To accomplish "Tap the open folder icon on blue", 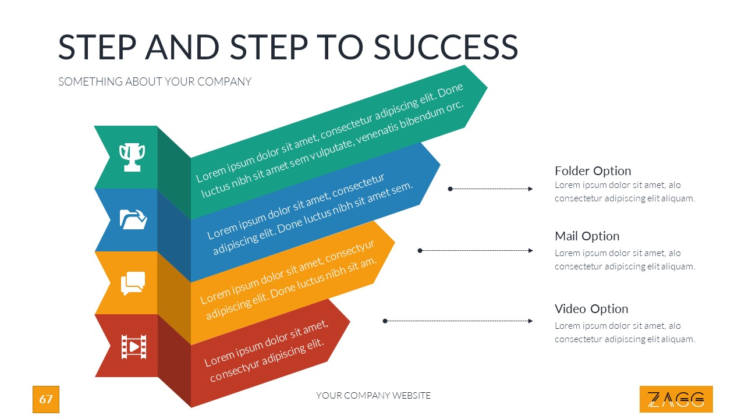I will [133, 219].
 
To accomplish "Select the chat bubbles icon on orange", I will [133, 283].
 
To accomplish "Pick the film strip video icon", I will [133, 346].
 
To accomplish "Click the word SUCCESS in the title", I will [445, 47].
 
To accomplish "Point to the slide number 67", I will [46, 399].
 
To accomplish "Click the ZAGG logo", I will [676, 399].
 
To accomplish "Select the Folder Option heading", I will [593, 171].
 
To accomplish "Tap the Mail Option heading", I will [587, 236].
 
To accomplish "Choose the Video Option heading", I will [591, 308].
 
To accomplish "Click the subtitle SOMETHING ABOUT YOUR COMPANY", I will [155, 81].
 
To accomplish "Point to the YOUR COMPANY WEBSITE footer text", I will [373, 396].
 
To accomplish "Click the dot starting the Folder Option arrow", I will [450, 189].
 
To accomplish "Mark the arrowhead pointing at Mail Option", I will [530, 250].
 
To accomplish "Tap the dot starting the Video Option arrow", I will [385, 321].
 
